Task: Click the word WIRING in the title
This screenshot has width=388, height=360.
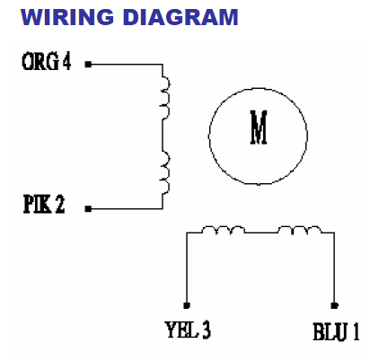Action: tap(67, 17)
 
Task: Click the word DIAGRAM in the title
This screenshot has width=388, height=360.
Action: tap(181, 17)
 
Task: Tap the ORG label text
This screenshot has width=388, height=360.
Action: tap(40, 61)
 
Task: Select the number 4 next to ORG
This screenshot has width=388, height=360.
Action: tap(66, 61)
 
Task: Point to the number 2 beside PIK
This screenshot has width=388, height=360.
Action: tap(59, 205)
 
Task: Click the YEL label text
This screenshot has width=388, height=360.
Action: tap(180, 329)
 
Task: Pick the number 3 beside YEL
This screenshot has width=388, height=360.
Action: tap(205, 329)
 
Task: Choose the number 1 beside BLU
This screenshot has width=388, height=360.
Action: tap(356, 331)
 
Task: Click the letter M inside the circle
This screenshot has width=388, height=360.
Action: tap(259, 127)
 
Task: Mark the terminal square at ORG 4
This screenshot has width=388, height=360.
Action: tap(88, 64)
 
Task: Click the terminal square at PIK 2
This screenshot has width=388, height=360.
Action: tap(88, 208)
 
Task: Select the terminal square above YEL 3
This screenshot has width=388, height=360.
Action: tap(186, 305)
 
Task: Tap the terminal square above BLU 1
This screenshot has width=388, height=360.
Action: tap(334, 305)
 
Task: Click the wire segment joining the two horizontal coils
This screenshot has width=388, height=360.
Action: tap(261, 233)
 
